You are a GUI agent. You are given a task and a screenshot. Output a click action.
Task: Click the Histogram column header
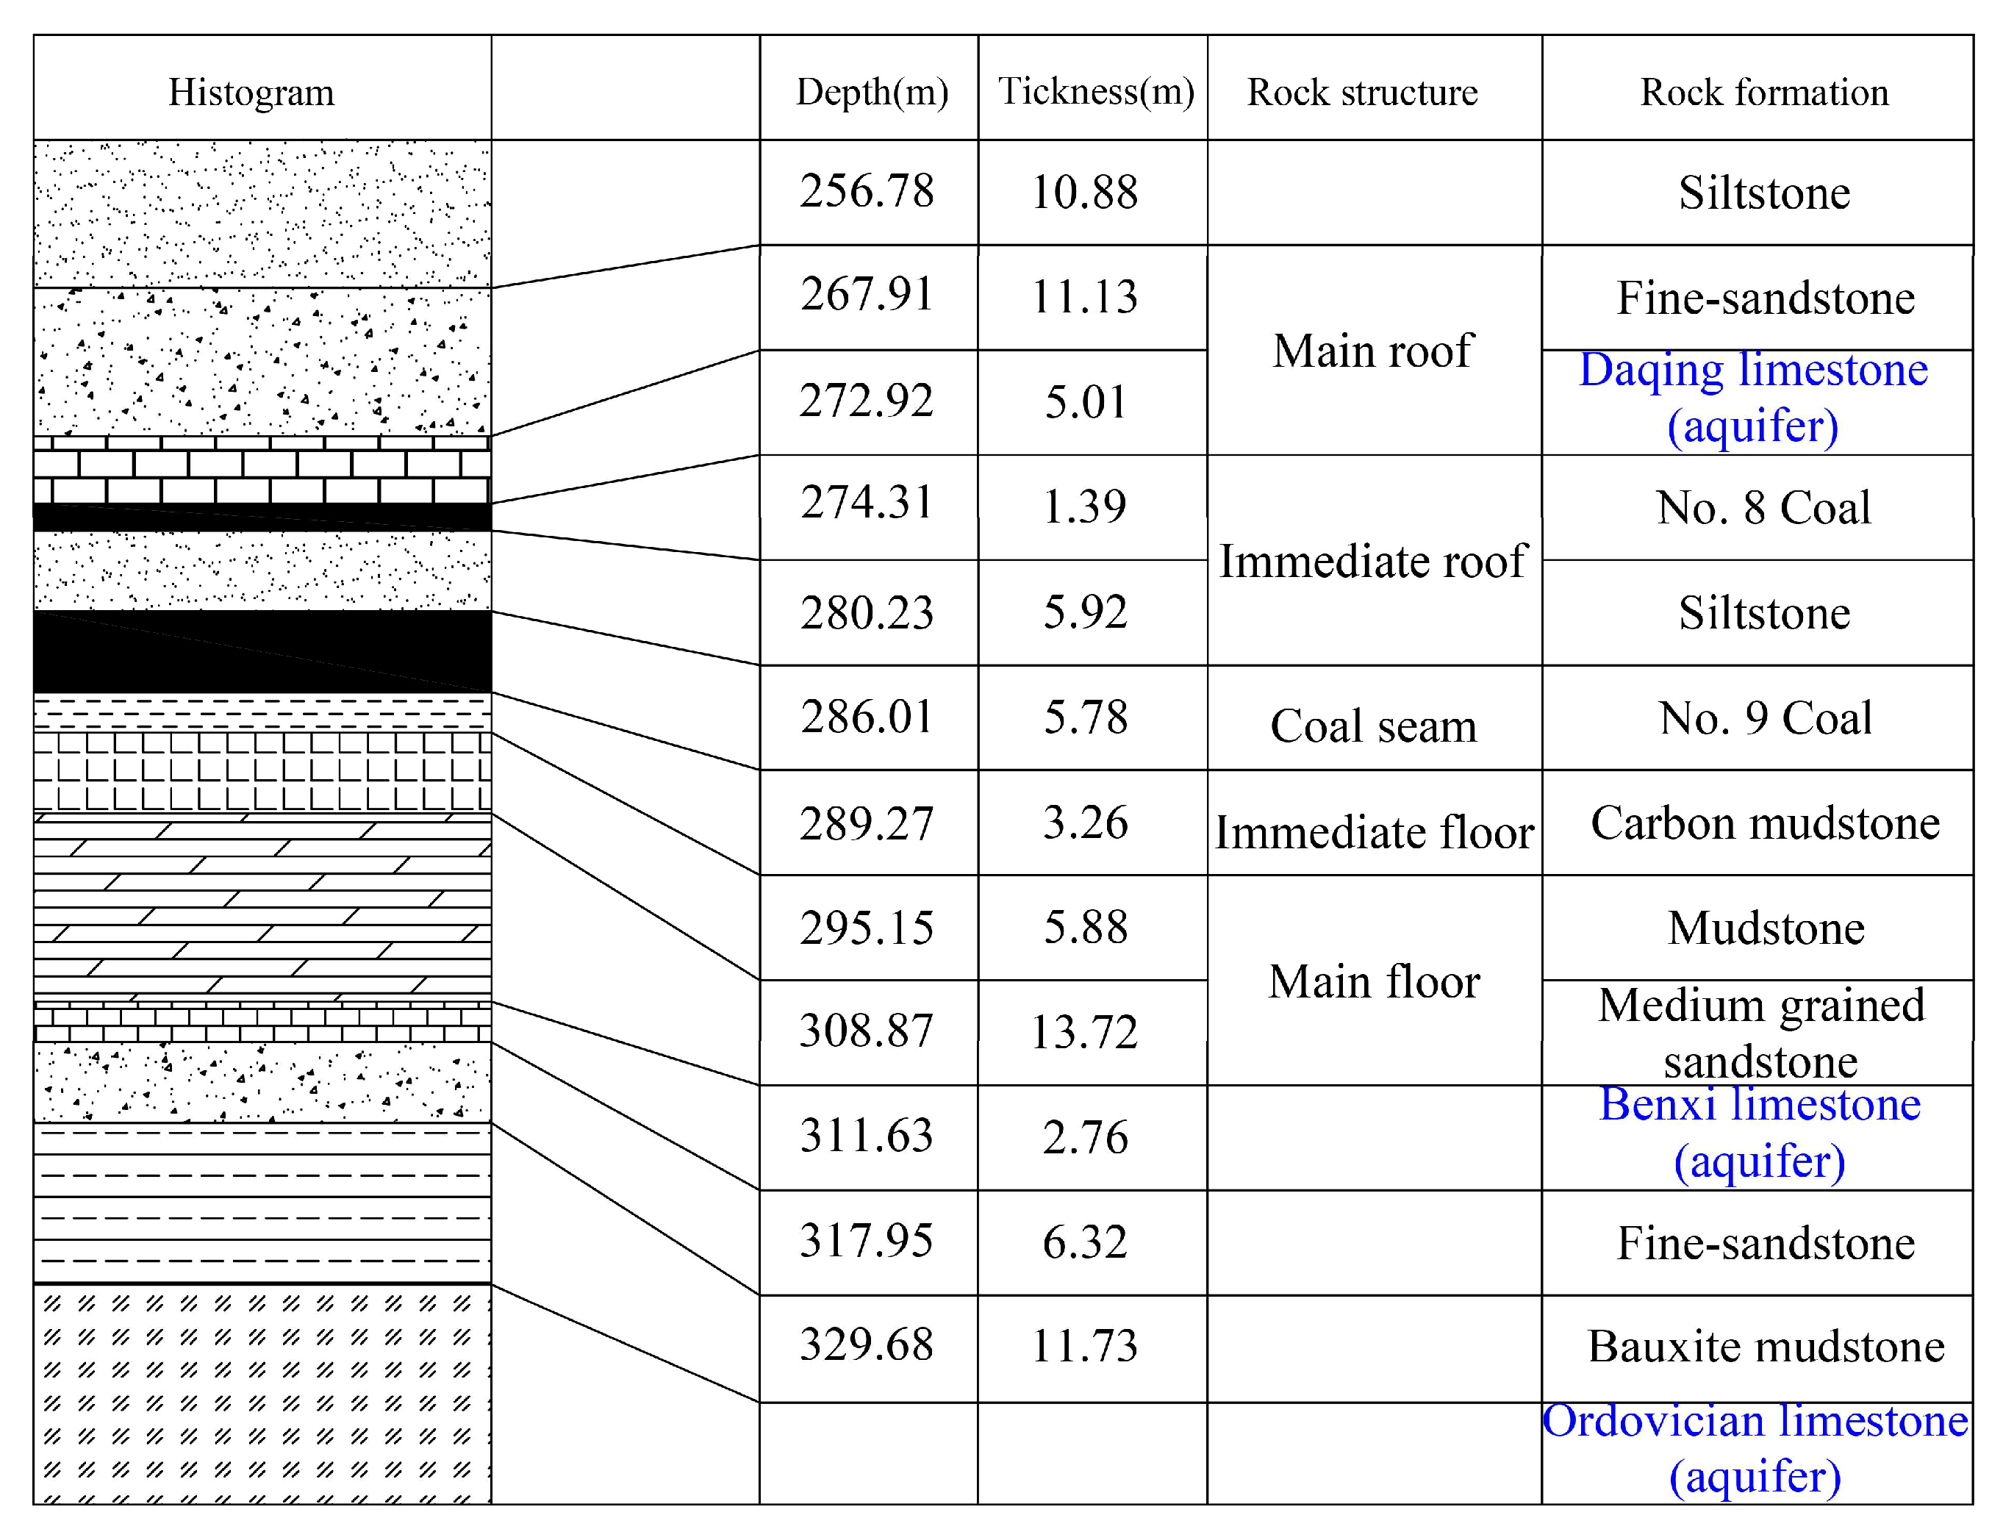pyautogui.click(x=251, y=93)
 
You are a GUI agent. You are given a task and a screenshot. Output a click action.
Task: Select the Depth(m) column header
pyautogui.click(x=871, y=92)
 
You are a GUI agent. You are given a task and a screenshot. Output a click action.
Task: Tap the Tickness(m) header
pyautogui.click(x=1095, y=92)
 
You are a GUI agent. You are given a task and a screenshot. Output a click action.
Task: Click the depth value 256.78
pyautogui.click(x=867, y=192)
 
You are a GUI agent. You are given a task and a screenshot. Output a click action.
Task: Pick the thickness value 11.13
pyautogui.click(x=1084, y=297)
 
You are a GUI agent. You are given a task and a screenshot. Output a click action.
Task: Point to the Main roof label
pyautogui.click(x=1372, y=351)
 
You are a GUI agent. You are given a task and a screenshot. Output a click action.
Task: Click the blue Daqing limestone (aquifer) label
pyautogui.click(x=1753, y=398)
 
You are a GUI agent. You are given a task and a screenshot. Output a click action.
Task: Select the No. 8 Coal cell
pyautogui.click(x=1763, y=508)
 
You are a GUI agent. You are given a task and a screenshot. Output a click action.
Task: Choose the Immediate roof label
pyautogui.click(x=1372, y=561)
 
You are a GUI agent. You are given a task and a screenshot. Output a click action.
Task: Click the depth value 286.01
pyautogui.click(x=867, y=717)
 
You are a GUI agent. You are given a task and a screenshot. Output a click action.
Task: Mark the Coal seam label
pyautogui.click(x=1372, y=727)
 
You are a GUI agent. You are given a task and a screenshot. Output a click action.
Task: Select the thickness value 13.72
pyautogui.click(x=1084, y=1033)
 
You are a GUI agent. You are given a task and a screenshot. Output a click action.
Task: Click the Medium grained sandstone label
pyautogui.click(x=1761, y=1033)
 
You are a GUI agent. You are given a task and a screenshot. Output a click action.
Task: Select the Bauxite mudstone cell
pyautogui.click(x=1766, y=1347)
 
